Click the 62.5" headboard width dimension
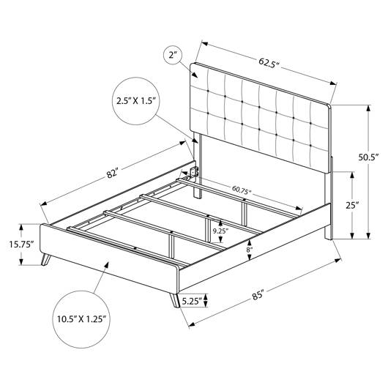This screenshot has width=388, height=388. [x=269, y=63]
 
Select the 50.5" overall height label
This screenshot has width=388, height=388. [x=369, y=157]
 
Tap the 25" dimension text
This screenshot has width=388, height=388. [x=352, y=205]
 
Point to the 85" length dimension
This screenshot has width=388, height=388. [x=258, y=296]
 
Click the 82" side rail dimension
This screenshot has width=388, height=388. [x=113, y=173]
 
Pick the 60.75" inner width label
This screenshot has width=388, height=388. [x=242, y=190]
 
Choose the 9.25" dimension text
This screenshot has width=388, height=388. [x=221, y=231]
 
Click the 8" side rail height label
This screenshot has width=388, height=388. [x=249, y=250]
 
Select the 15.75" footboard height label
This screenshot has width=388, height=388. [x=21, y=245]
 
